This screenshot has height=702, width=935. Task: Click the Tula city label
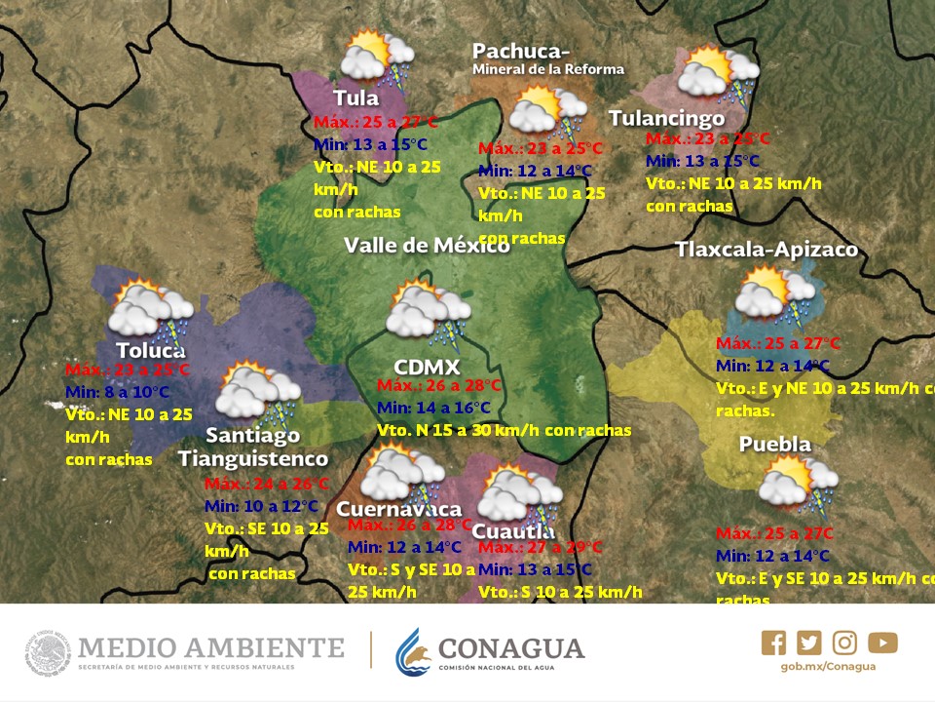tap(356, 97)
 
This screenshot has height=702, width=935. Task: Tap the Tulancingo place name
tap(667, 118)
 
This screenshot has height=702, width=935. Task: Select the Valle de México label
tap(427, 245)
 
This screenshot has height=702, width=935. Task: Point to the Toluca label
tap(150, 350)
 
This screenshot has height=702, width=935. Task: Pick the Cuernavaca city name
tap(398, 509)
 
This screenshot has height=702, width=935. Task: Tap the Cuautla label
tap(513, 531)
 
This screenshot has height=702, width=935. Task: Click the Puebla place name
tap(774, 445)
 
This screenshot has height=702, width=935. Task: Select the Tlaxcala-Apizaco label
tap(767, 250)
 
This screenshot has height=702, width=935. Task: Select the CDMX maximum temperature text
tap(439, 385)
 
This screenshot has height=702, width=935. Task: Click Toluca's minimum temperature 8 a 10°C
tap(117, 392)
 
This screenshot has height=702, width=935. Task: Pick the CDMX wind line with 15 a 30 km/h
tap(504, 430)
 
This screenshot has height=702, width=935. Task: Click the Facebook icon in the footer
tap(773, 643)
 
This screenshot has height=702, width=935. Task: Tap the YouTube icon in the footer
tap(882, 643)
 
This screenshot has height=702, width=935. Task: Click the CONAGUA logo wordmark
tap(511, 648)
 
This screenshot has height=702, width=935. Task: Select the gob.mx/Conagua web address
tap(814, 667)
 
